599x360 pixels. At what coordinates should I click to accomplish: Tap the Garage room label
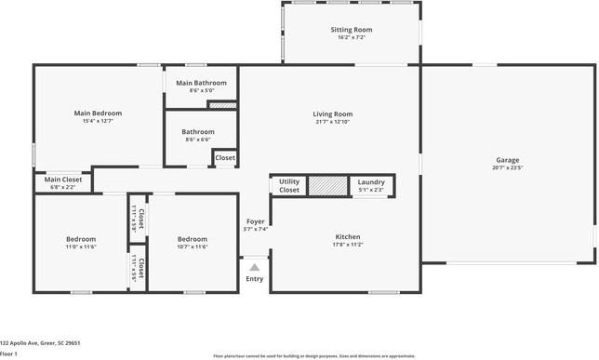(x=507, y=160)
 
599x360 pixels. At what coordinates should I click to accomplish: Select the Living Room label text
(x=332, y=113)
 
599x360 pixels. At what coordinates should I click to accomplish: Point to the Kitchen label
(x=347, y=236)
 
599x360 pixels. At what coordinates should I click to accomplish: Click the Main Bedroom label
(x=98, y=113)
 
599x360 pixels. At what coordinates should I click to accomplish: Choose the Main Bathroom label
(x=201, y=83)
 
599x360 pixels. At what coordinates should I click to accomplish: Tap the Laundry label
(x=371, y=182)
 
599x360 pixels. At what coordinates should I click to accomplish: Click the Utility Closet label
(x=289, y=185)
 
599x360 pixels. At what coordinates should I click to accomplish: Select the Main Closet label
(x=63, y=180)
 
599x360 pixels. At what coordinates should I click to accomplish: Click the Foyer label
(x=255, y=221)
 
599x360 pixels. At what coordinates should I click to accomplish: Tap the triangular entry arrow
(x=254, y=267)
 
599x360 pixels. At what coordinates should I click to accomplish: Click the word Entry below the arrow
(x=254, y=279)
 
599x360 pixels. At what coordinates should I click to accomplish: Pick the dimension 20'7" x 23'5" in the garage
(x=507, y=168)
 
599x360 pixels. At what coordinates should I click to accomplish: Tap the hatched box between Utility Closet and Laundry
(x=326, y=185)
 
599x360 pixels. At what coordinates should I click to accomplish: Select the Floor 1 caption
(x=9, y=353)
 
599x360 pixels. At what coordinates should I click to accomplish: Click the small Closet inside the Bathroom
(x=225, y=158)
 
